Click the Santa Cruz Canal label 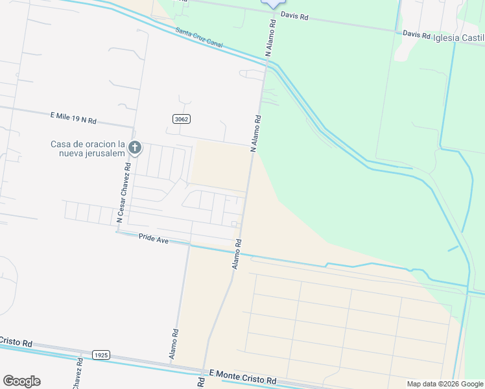198,36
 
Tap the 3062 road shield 181,119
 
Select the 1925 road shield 101,355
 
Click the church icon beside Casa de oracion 135,148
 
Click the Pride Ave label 154,239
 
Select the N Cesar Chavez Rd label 123,193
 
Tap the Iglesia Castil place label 458,38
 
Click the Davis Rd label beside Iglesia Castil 416,34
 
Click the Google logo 21,381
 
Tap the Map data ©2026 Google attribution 445,384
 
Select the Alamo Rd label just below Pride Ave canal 237,255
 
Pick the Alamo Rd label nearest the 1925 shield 174,344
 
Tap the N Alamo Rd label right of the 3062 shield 256,133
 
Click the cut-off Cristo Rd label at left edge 17,342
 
